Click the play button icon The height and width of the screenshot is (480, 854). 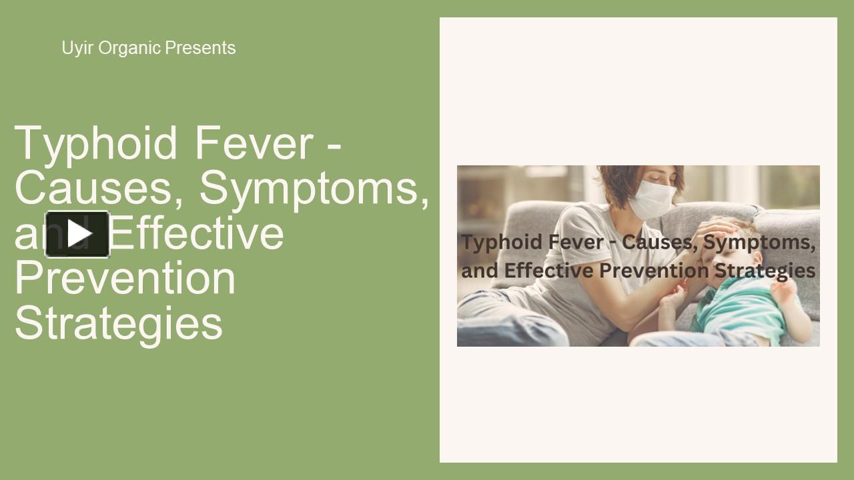(77, 234)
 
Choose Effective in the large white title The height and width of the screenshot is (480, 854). (200, 233)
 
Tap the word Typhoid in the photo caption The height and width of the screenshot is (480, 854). (500, 242)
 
